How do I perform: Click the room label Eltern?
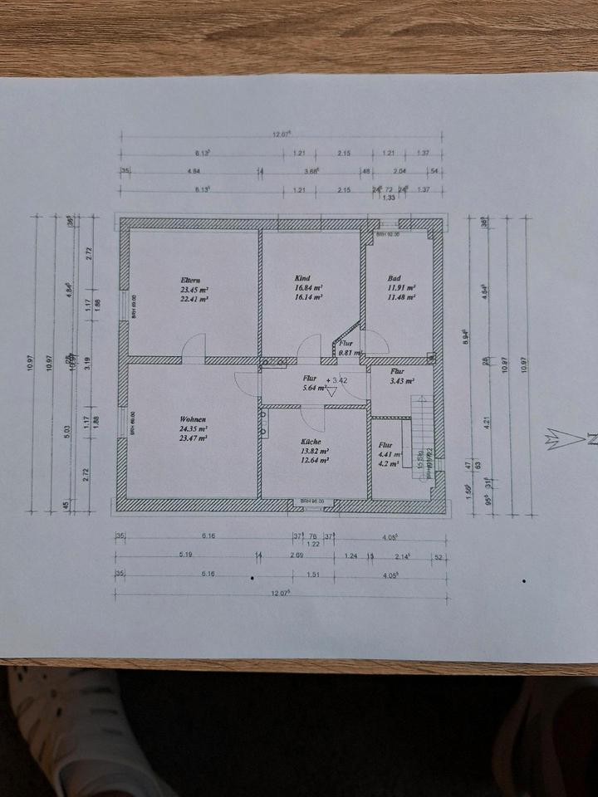(193, 279)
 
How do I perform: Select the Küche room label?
(312, 443)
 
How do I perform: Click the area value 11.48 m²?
(400, 296)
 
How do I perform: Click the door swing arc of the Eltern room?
(194, 347)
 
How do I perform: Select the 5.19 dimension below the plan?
(185, 554)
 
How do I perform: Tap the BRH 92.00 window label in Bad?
(388, 235)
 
